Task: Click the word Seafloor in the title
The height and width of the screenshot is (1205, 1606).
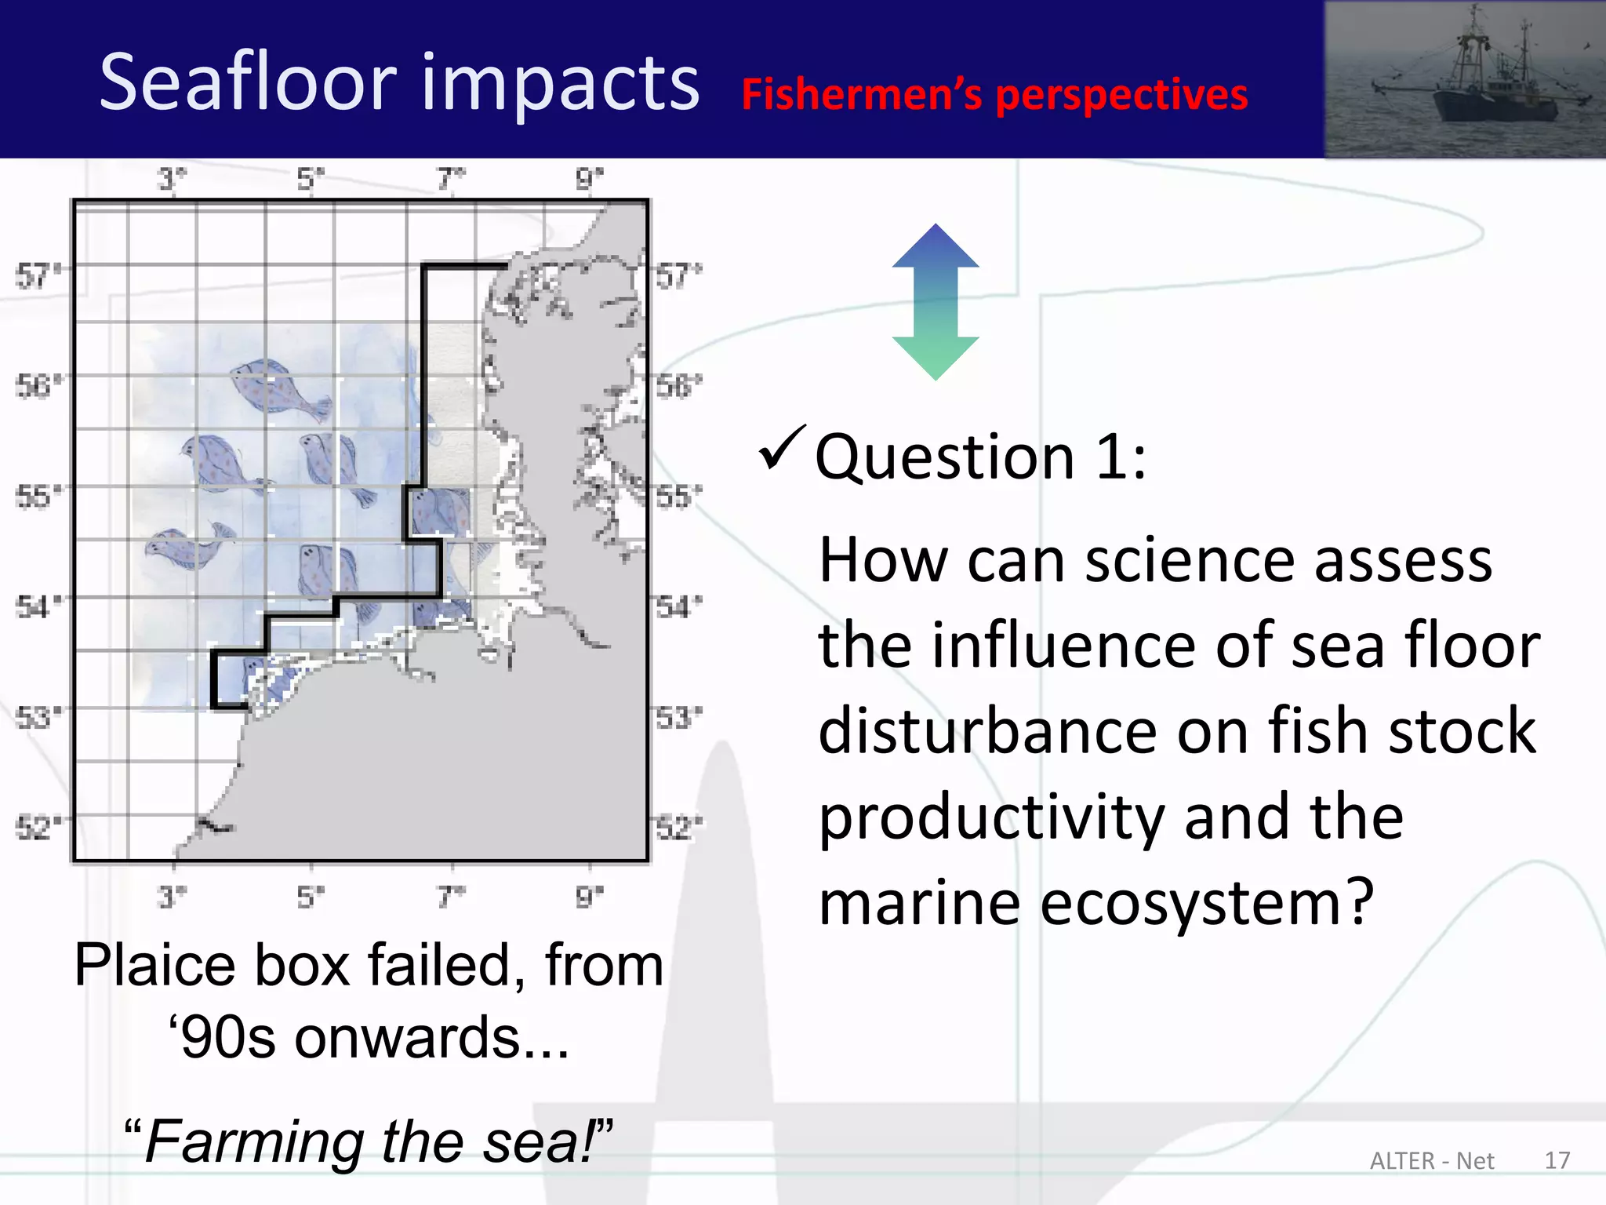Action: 249,82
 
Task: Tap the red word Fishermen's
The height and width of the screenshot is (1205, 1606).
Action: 861,95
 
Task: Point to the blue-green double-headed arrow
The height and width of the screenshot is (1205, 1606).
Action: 936,302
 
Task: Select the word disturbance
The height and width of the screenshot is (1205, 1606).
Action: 987,731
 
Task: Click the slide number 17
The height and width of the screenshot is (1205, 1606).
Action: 1557,1160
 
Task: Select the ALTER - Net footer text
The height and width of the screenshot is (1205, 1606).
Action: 1432,1161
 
